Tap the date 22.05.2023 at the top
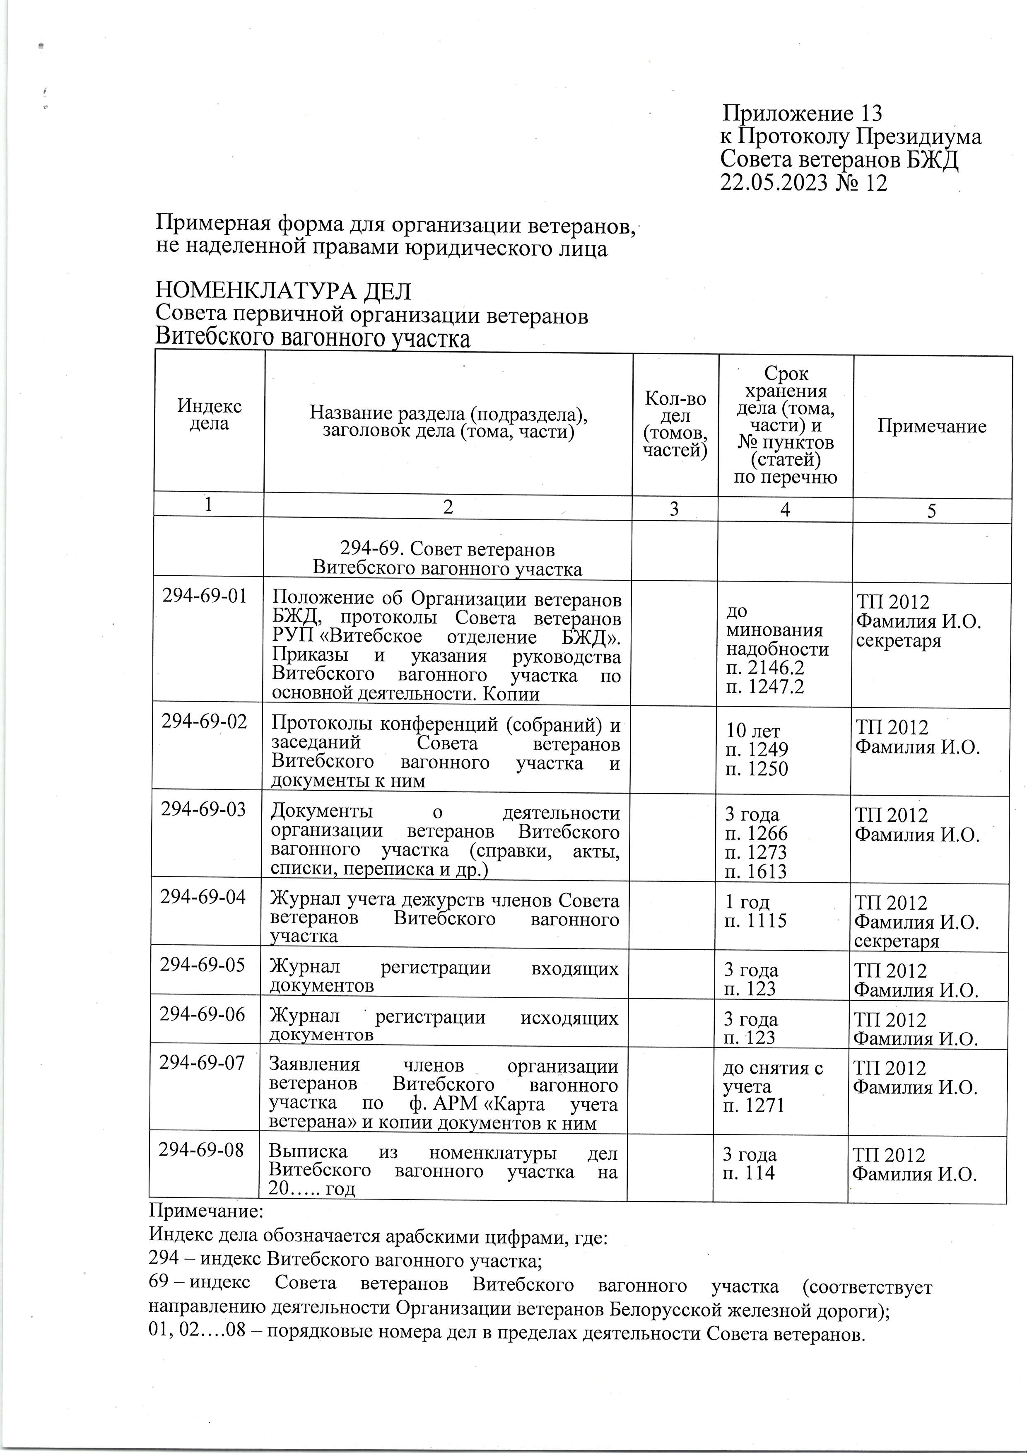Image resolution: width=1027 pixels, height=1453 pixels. click(773, 183)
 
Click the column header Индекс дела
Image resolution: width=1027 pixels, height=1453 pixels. click(209, 415)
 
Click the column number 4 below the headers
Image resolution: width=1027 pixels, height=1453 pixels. click(785, 510)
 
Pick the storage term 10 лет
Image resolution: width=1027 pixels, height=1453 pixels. click(753, 731)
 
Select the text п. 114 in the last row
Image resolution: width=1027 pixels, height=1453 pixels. click(749, 1173)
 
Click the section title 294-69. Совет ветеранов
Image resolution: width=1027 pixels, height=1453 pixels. click(447, 548)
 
